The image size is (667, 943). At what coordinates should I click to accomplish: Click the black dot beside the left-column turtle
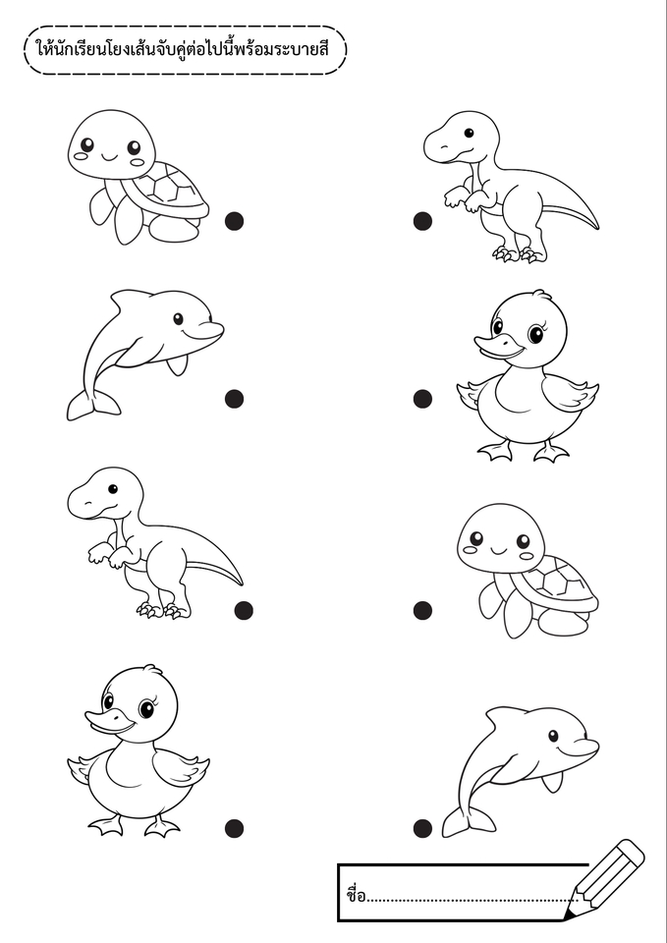tap(234, 221)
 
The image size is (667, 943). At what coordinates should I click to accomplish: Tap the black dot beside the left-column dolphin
tap(234, 398)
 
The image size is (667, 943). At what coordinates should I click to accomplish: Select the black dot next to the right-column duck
tap(422, 398)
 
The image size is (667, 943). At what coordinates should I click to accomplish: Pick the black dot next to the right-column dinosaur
tap(422, 221)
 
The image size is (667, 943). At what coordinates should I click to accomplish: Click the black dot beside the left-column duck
tap(234, 828)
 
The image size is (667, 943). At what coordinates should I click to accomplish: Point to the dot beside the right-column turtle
tap(422, 610)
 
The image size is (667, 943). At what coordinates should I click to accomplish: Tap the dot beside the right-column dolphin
tap(422, 828)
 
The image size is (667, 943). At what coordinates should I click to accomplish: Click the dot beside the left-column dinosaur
tap(244, 610)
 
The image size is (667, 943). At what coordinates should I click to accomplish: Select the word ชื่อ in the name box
tap(356, 894)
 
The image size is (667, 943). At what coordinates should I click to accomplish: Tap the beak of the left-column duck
tap(108, 722)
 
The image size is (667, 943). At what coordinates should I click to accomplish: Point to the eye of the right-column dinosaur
tap(469, 133)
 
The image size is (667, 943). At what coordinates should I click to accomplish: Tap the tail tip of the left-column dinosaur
tap(240, 582)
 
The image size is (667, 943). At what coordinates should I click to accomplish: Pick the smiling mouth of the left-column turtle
tap(110, 157)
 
